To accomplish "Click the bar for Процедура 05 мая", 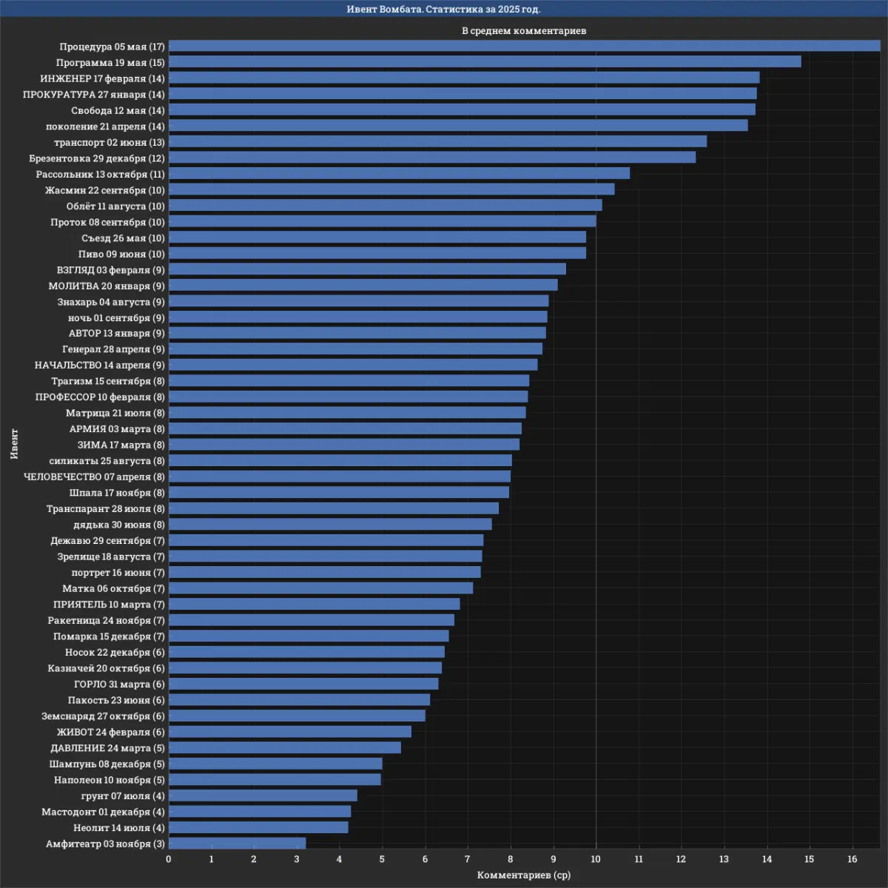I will click(524, 46).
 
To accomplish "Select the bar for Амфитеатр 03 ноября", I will click(237, 844).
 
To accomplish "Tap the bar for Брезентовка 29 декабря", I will click(432, 158).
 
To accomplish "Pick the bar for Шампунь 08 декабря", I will click(275, 764).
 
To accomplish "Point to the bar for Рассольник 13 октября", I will click(399, 174).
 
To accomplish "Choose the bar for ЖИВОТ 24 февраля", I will click(290, 732).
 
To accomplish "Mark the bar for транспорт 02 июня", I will click(437, 142).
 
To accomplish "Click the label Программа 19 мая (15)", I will click(110, 63).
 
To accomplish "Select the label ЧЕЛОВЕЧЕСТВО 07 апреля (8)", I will click(94, 477).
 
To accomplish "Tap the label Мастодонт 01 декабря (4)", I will click(103, 813).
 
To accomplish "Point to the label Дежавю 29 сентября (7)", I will click(107, 541).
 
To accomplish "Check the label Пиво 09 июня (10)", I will click(121, 254).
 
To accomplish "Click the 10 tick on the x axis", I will click(596, 859).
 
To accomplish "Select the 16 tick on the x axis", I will click(852, 859).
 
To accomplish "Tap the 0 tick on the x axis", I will click(169, 859).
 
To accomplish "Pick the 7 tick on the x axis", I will click(468, 859).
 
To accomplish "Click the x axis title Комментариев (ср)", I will click(524, 875).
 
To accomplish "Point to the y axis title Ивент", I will click(15, 444).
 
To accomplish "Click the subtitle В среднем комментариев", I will click(524, 31).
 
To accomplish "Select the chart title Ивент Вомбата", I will click(444, 9).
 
